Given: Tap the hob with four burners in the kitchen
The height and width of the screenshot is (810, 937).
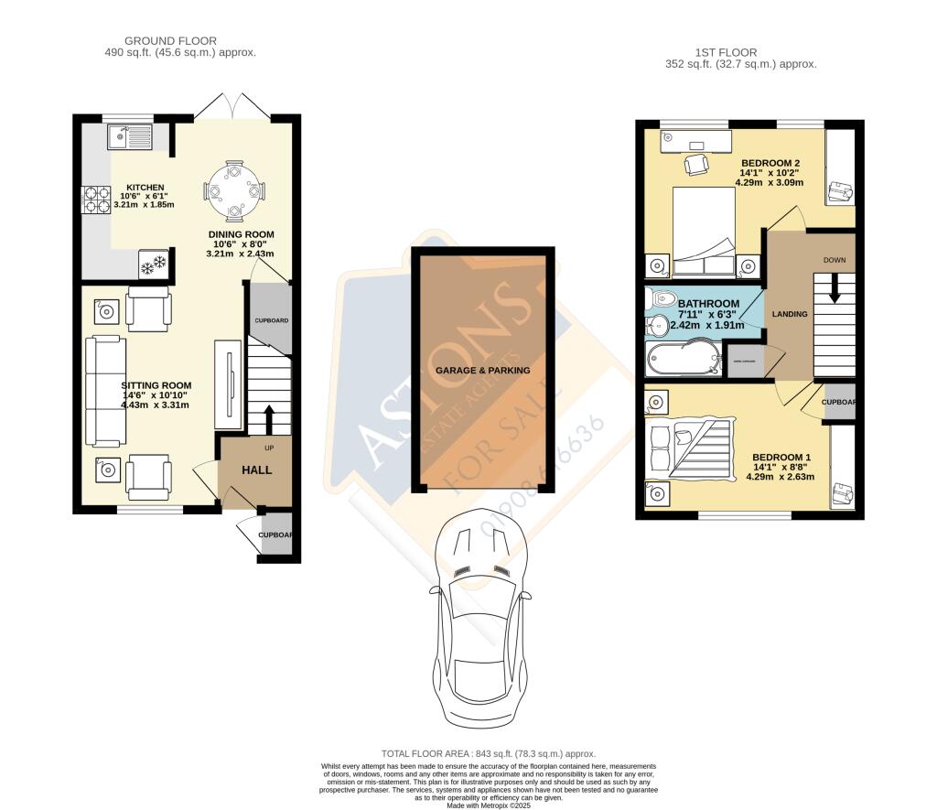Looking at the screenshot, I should [97, 199].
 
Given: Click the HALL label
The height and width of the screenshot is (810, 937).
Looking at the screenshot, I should [256, 470].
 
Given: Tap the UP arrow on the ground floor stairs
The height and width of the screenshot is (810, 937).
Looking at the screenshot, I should [268, 418].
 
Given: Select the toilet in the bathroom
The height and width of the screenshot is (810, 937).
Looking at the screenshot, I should [661, 299].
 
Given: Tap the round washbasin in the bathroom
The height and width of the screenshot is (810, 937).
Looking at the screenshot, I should [659, 323].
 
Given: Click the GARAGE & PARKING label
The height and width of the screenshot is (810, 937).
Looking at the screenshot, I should [482, 370].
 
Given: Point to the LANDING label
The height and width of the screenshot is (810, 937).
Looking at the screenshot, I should [790, 314].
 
